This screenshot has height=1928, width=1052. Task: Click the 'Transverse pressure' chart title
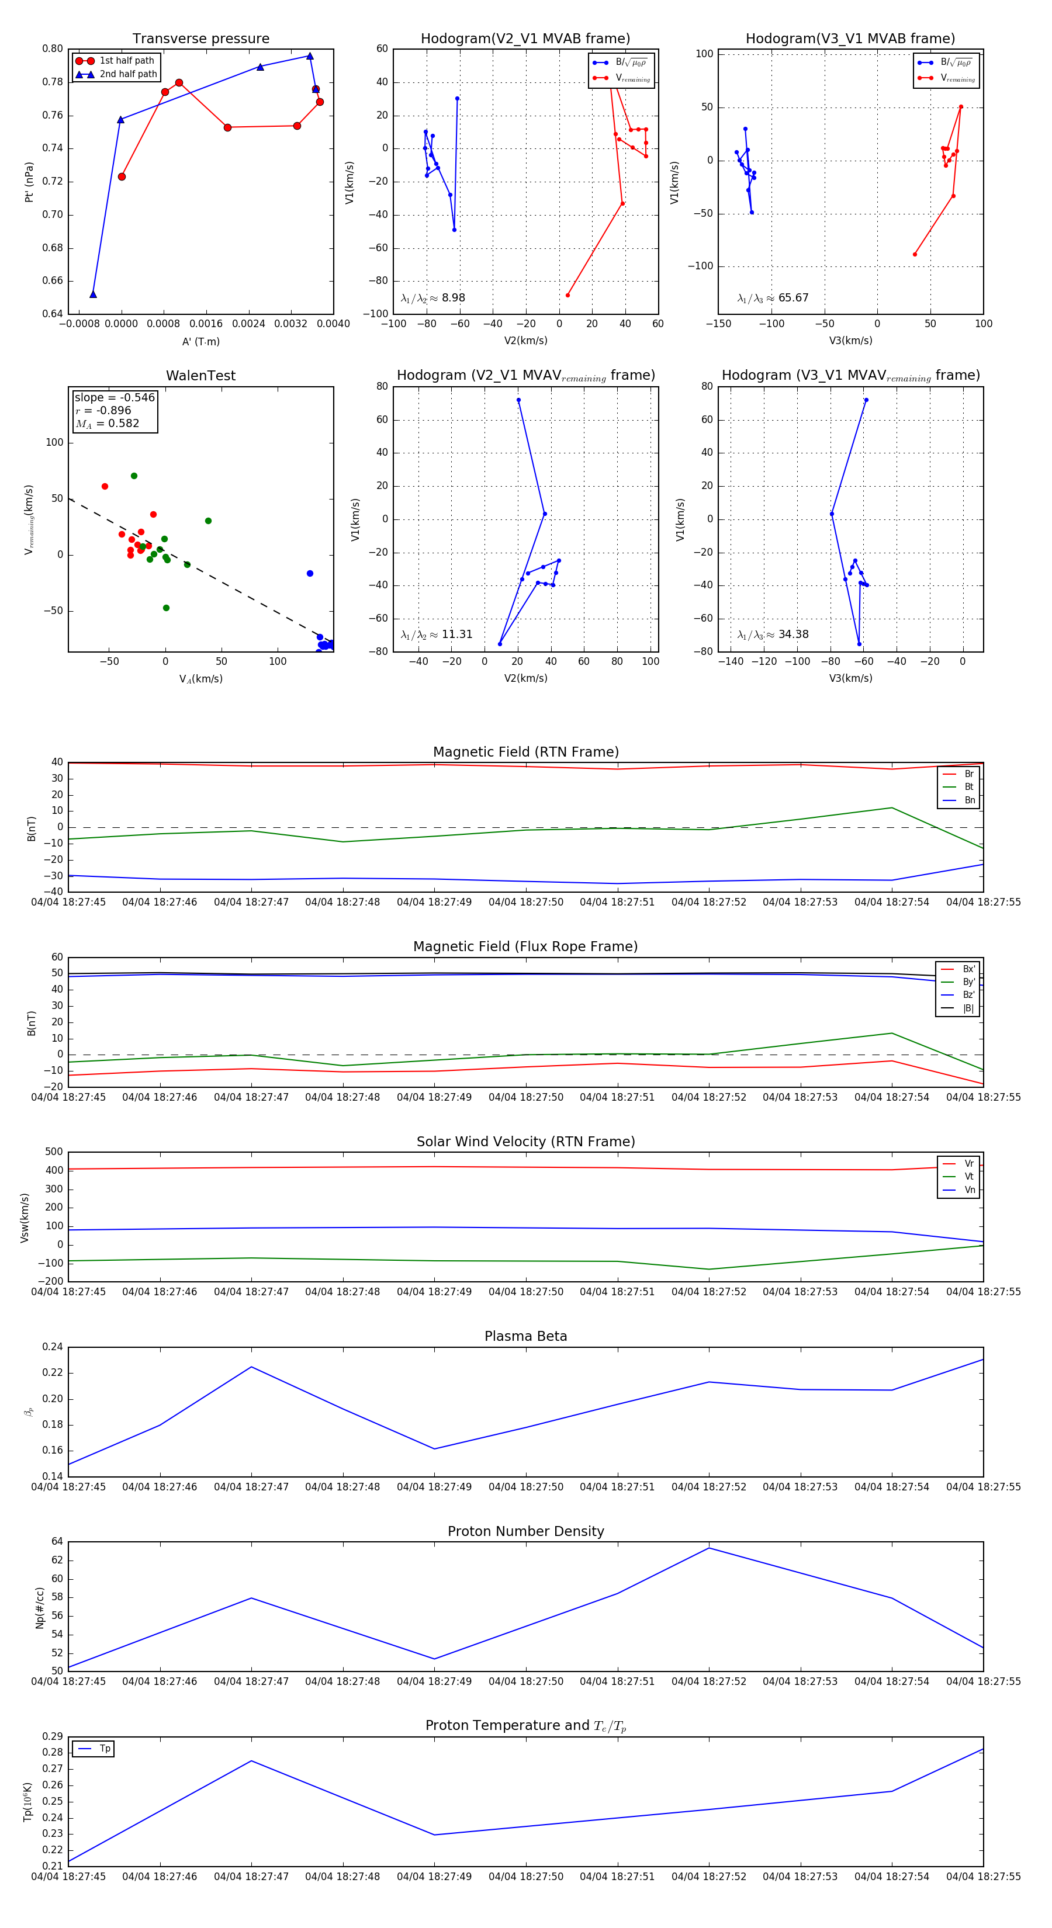tap(200, 39)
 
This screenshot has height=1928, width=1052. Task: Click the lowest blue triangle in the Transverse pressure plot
tap(93, 294)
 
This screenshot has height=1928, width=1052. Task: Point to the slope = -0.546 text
tap(115, 397)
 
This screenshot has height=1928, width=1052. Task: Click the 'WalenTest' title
tap(200, 376)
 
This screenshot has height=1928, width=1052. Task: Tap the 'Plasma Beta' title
tap(525, 1336)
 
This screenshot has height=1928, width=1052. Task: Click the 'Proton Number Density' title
tap(525, 1531)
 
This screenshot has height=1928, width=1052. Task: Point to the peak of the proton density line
tap(708, 1548)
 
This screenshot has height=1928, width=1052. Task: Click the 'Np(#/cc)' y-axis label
tap(40, 1608)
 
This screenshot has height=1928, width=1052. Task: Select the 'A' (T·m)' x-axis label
tap(200, 341)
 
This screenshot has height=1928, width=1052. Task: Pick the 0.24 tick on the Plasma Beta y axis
tap(53, 1347)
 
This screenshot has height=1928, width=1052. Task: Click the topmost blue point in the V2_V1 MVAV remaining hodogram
tap(518, 400)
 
